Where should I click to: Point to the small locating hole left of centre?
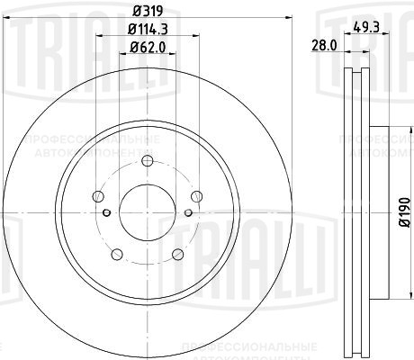[106, 212]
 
